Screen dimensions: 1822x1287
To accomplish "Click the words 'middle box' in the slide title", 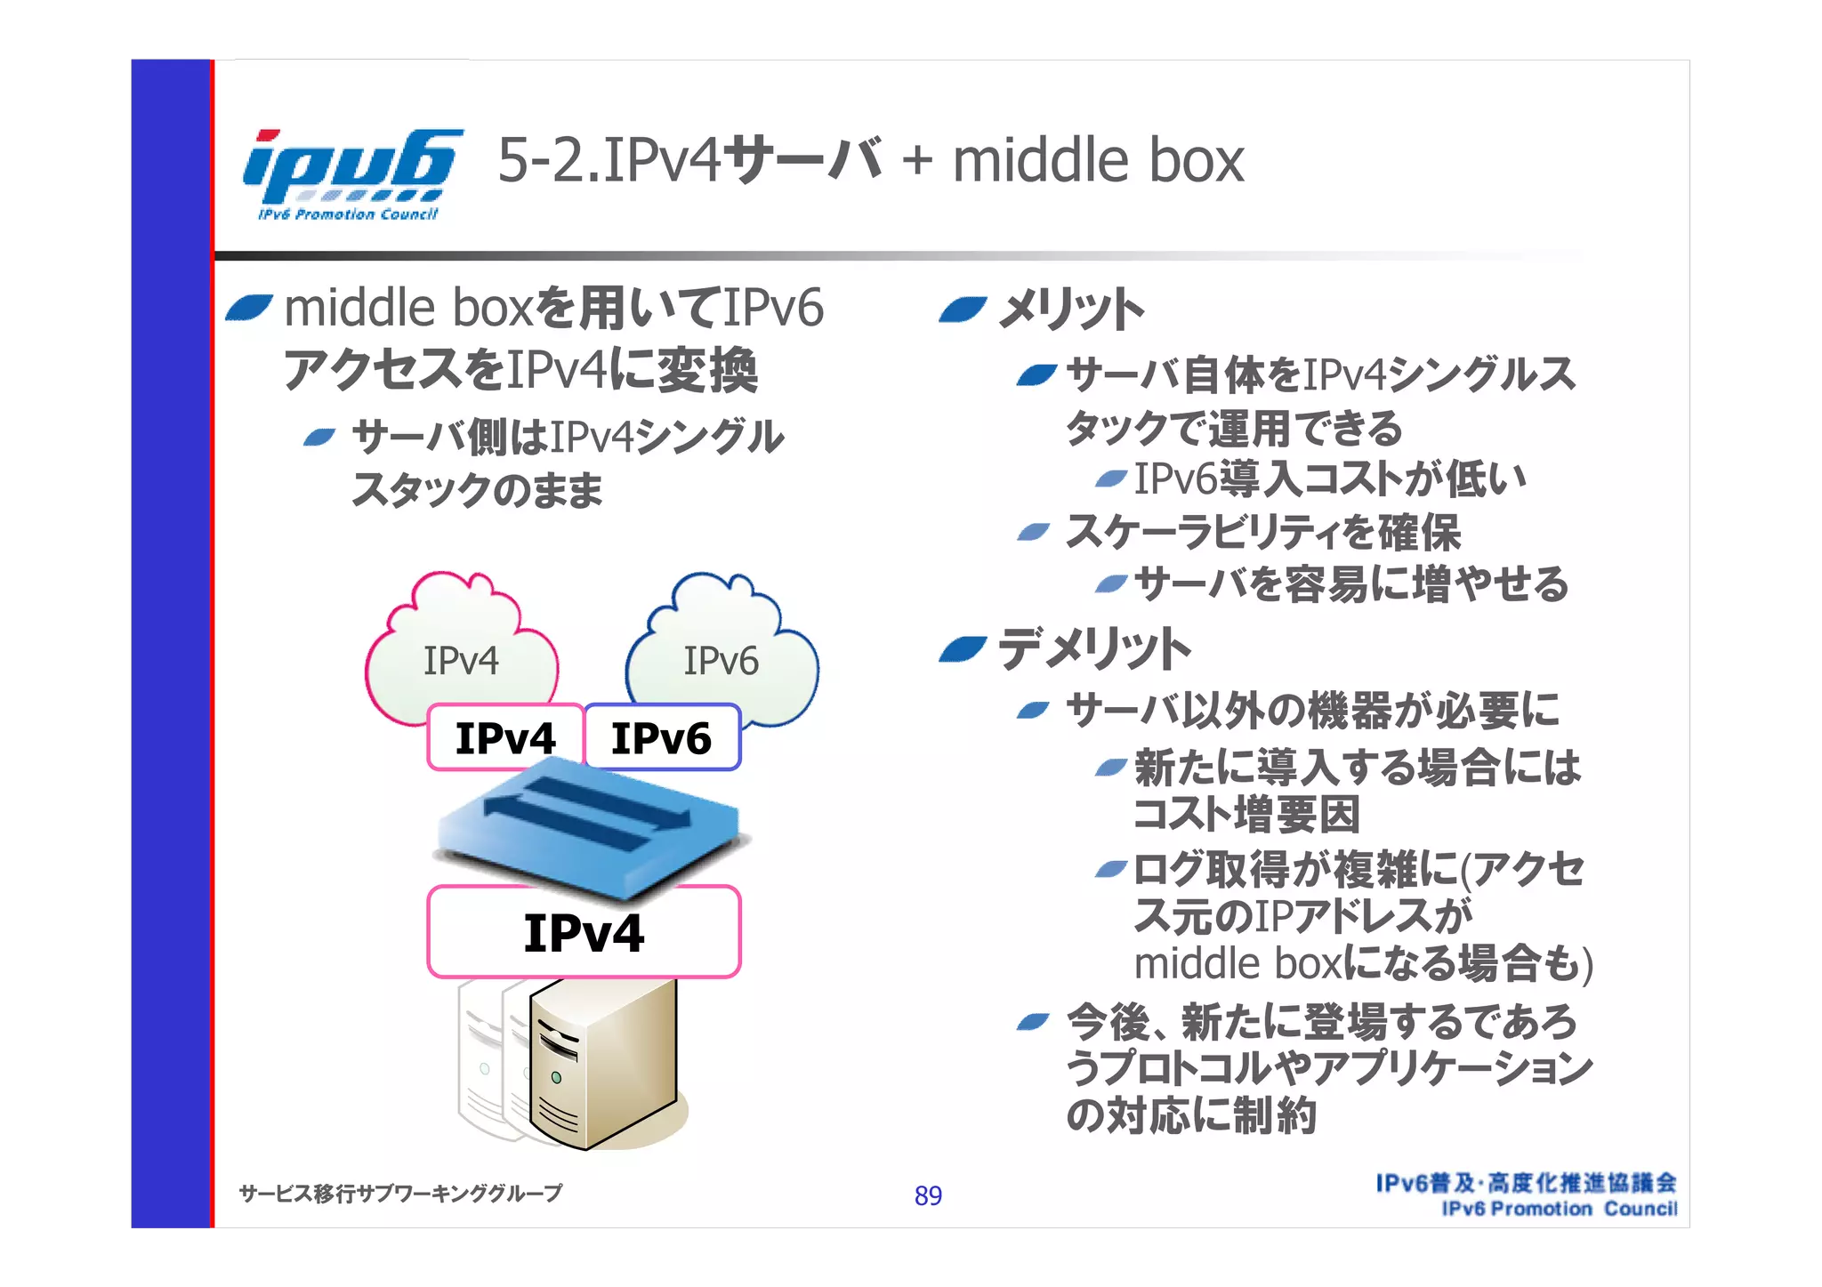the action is [1098, 161].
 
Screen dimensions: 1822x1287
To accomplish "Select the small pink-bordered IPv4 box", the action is [505, 738].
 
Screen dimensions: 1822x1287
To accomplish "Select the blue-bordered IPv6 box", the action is [662, 738].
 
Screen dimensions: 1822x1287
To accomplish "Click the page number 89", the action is [928, 1196].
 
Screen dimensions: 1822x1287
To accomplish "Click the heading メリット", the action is [1070, 310].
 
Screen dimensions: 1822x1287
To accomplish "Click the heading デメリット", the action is [1094, 648].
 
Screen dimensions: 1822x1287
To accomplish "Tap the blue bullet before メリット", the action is [963, 310].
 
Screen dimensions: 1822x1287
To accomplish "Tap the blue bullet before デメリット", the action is [963, 650].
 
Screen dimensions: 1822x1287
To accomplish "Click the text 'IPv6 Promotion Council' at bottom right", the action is [1559, 1210].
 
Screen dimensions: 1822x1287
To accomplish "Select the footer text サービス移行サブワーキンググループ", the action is [400, 1194].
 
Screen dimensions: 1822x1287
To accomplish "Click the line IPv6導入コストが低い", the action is [1330, 479].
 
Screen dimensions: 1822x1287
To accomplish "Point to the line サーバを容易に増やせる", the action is [1351, 584].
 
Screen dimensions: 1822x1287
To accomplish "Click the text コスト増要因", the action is [1246, 815].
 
